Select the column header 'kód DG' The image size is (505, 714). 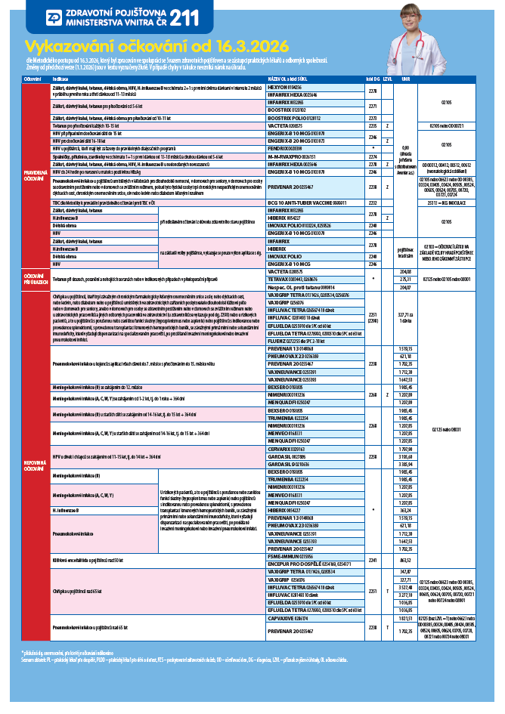[371, 79]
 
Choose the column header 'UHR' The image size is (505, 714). [406, 79]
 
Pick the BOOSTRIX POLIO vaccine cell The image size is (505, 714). [294, 119]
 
